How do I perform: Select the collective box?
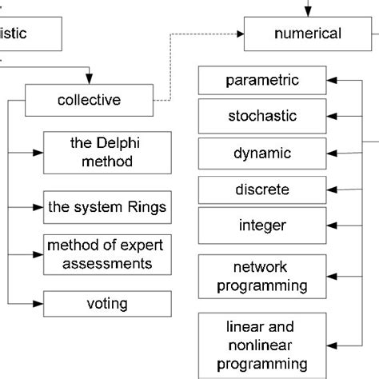[89, 101]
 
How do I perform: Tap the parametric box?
[261, 81]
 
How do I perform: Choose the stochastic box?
[261, 117]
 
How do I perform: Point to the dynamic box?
[261, 153]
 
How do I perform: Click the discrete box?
[261, 190]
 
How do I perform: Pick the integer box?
[261, 225]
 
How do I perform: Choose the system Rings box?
[106, 208]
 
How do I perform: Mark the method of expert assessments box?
[106, 253]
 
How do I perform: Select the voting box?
[106, 304]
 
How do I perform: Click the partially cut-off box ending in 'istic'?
[30, 34]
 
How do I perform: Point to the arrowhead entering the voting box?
[38, 304]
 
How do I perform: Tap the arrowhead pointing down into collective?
[90, 81]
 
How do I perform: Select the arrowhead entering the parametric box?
[332, 81]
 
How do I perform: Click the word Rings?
[148, 208]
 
